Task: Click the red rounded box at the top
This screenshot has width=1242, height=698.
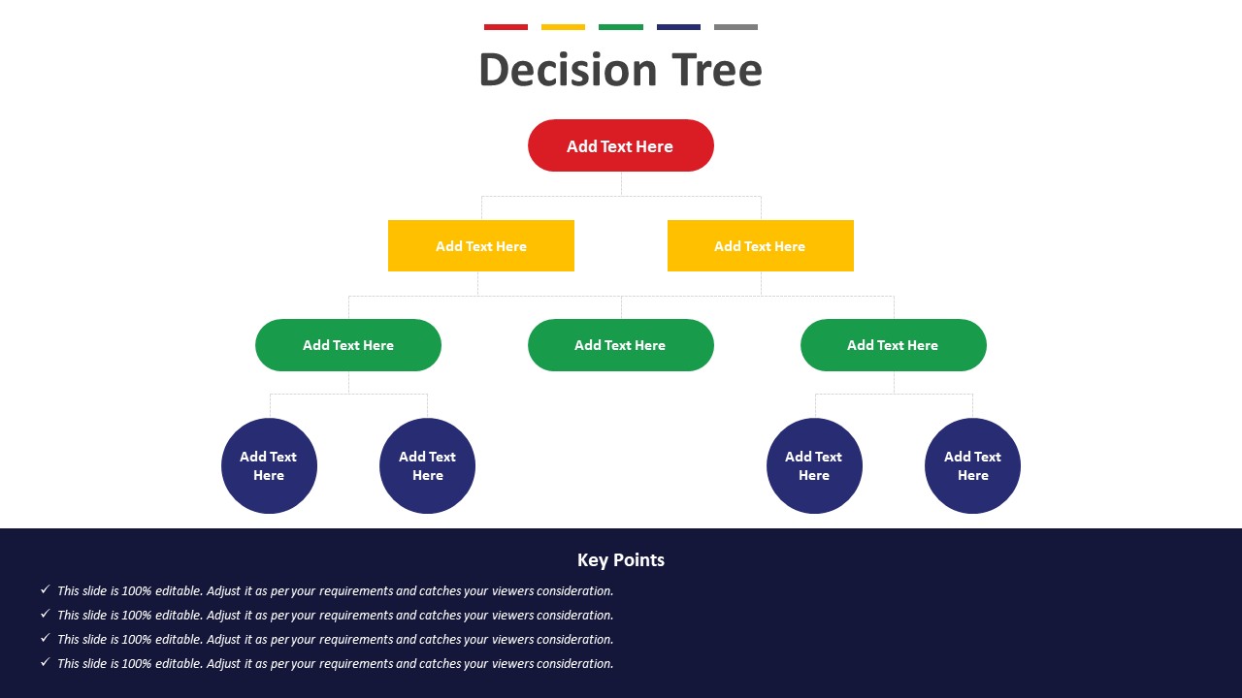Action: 620,145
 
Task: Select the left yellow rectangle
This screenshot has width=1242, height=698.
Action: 480,246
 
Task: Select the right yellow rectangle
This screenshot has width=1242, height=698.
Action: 760,246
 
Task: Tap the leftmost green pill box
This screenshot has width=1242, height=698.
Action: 348,345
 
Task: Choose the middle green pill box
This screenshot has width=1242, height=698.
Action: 620,345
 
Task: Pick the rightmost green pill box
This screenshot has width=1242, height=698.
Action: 894,345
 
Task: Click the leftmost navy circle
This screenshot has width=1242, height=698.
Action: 269,466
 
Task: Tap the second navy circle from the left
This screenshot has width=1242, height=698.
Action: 427,466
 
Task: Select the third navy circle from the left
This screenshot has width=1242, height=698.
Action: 814,466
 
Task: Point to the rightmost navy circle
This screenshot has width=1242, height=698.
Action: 972,466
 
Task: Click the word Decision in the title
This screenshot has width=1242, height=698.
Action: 569,70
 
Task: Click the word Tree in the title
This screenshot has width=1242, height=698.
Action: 717,70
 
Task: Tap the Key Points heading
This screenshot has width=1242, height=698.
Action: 620,560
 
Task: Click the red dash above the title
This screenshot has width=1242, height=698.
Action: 506,27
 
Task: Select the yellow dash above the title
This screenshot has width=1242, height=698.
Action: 563,27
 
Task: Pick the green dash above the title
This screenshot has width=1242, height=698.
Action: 620,27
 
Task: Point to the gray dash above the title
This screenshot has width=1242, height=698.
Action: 735,27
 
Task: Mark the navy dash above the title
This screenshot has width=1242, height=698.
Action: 678,27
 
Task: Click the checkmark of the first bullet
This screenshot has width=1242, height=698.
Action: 46,589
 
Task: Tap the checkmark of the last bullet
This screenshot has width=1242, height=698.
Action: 46,662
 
